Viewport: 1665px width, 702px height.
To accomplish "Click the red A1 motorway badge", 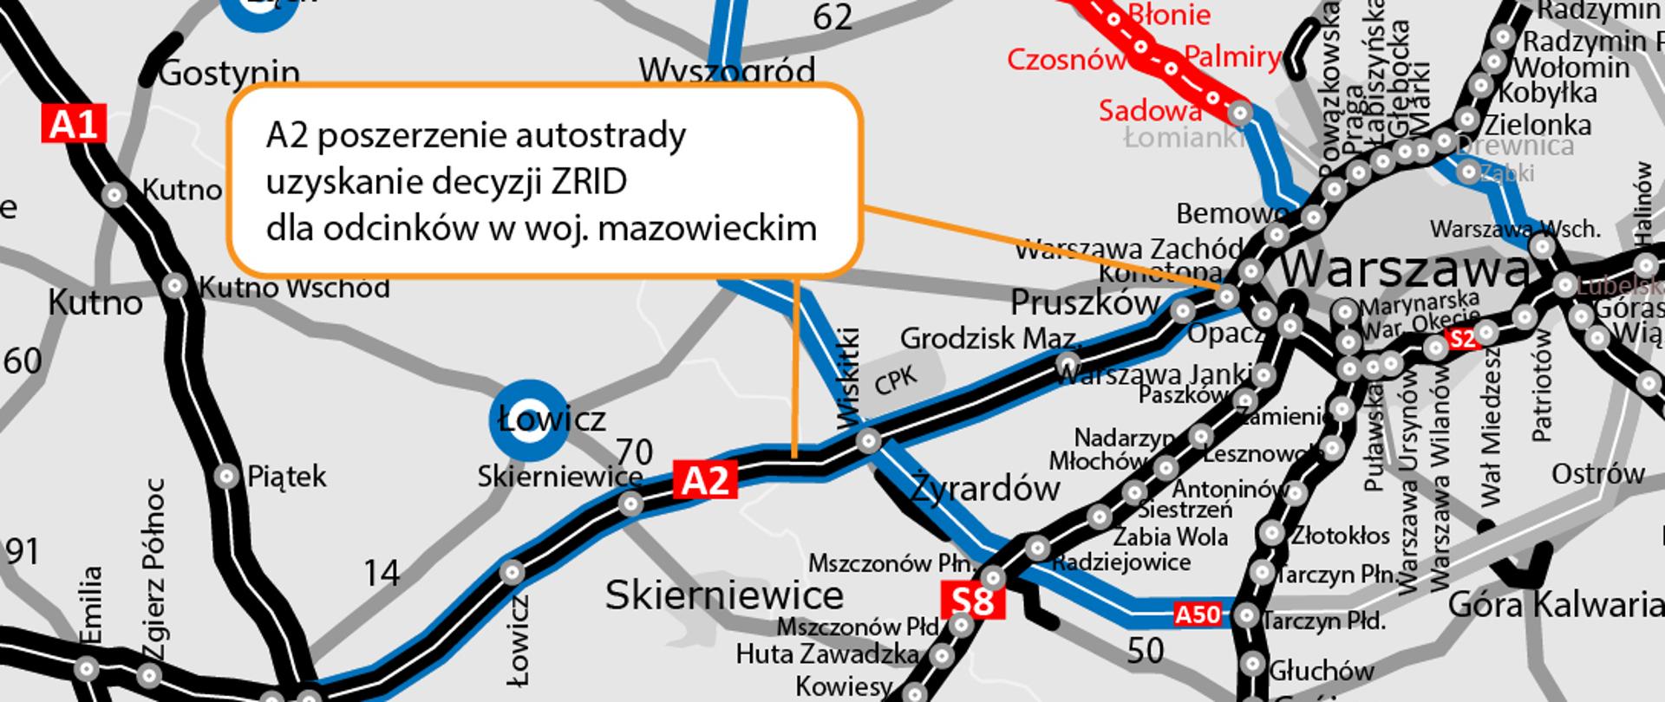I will click(x=74, y=125).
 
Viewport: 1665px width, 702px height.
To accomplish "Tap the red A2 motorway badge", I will click(x=706, y=479).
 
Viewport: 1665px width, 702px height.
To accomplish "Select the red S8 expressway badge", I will click(x=973, y=601).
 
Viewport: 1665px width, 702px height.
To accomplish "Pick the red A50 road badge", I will click(x=1198, y=614).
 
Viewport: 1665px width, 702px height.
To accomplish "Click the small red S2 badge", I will click(x=1463, y=339).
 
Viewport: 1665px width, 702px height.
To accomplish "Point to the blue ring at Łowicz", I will click(x=528, y=420).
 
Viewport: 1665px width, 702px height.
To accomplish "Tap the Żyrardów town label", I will click(x=985, y=490).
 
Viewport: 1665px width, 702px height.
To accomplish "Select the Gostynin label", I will click(x=229, y=74).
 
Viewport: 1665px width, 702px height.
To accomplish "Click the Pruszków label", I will click(x=1085, y=302).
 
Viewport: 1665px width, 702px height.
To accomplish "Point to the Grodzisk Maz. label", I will click(x=989, y=338).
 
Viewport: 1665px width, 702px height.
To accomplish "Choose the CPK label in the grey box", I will click(x=896, y=379).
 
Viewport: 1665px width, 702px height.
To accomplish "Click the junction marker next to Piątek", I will click(x=227, y=476).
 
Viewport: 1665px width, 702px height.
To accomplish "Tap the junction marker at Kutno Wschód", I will click(x=175, y=285).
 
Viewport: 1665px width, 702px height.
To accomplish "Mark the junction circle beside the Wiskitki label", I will click(x=868, y=442).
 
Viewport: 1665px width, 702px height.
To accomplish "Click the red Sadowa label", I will click(x=1150, y=110).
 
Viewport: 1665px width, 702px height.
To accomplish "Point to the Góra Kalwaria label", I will click(x=1556, y=605).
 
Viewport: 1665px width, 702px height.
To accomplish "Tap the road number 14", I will click(x=382, y=573).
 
